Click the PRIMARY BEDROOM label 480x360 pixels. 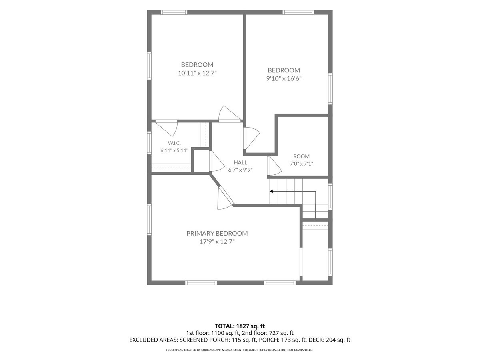coord(217,234)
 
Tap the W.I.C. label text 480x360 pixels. coord(174,143)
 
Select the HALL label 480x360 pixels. coord(240,162)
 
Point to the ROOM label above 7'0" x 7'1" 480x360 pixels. coord(301,156)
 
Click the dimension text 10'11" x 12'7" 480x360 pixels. coord(197,73)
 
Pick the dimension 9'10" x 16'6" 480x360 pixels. coord(284,78)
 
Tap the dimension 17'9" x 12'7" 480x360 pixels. coord(217,242)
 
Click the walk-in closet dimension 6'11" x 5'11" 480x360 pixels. coord(174,150)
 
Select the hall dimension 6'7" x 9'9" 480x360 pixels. coord(240,170)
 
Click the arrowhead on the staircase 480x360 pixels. coord(271,192)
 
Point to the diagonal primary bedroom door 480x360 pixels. coord(225,198)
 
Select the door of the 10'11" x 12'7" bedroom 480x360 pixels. coord(229,114)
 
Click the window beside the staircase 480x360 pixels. coord(330,197)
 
